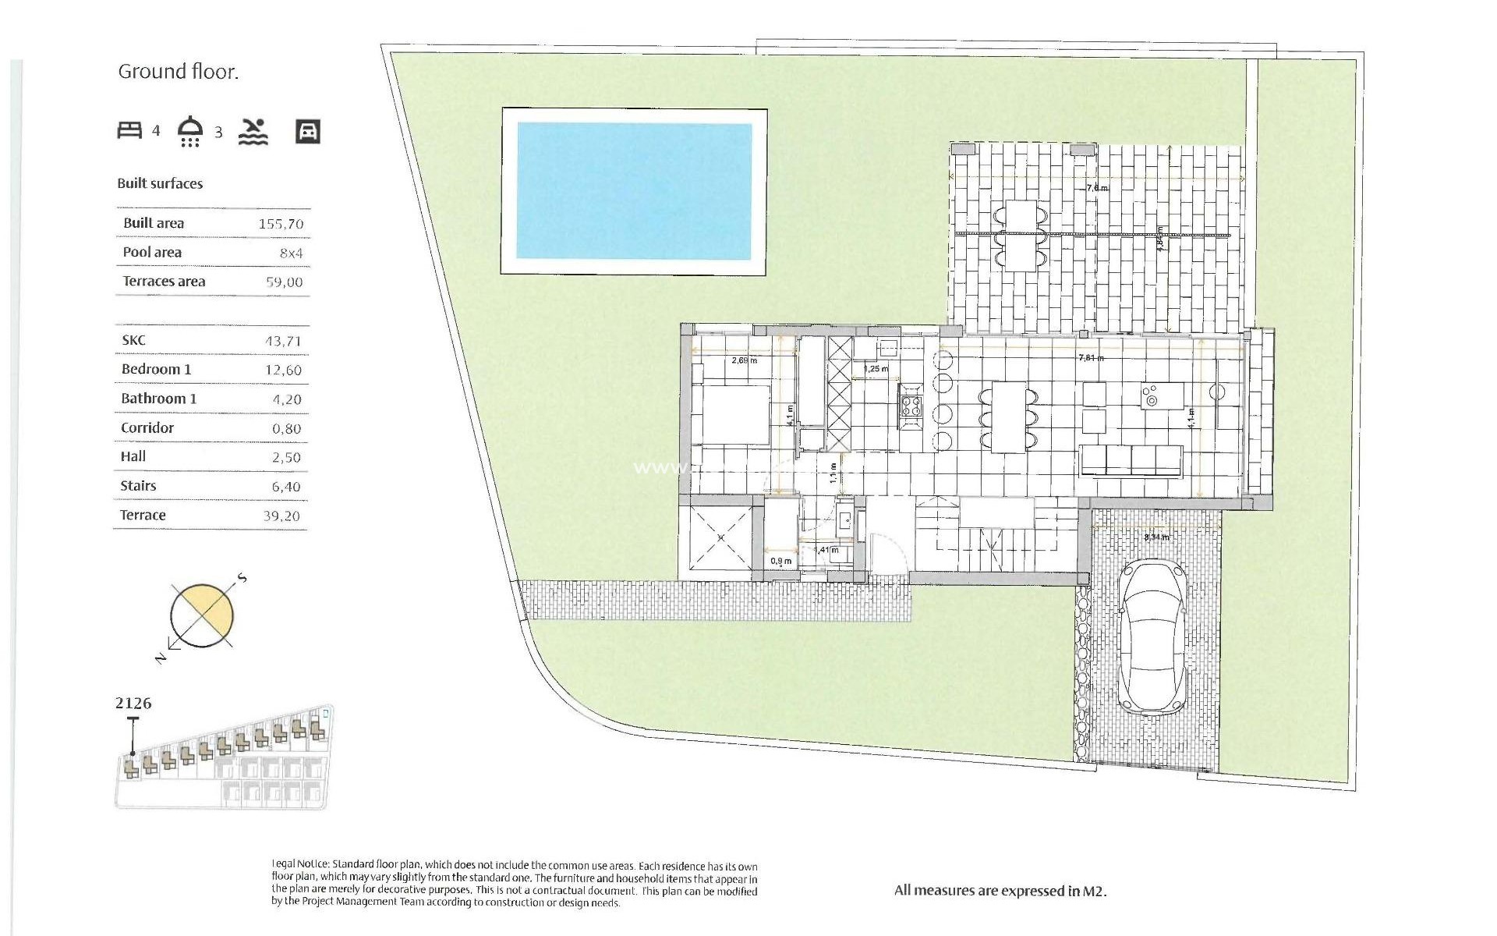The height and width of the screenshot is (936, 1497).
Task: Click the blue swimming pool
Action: click(x=634, y=191)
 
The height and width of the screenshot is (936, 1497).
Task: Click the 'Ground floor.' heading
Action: click(x=178, y=72)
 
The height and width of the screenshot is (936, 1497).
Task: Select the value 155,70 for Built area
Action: click(x=281, y=224)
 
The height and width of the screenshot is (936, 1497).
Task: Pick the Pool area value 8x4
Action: click(x=291, y=253)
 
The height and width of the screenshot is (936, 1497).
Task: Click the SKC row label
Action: click(x=133, y=340)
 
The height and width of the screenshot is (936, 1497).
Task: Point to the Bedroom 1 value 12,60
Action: click(x=282, y=370)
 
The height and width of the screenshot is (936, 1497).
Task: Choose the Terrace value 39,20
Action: click(x=281, y=516)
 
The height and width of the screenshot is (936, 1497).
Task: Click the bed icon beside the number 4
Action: click(x=129, y=130)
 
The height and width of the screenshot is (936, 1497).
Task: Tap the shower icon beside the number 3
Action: click(x=191, y=130)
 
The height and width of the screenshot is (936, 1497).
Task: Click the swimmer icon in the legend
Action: click(x=253, y=132)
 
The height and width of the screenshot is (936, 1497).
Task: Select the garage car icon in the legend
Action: click(x=308, y=131)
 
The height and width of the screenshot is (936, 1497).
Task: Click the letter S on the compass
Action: click(x=242, y=578)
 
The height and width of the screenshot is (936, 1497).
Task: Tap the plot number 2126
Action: click(x=133, y=704)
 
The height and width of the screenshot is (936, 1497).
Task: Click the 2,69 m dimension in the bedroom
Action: click(x=745, y=360)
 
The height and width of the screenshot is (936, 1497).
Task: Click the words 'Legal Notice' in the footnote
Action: click(x=300, y=865)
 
